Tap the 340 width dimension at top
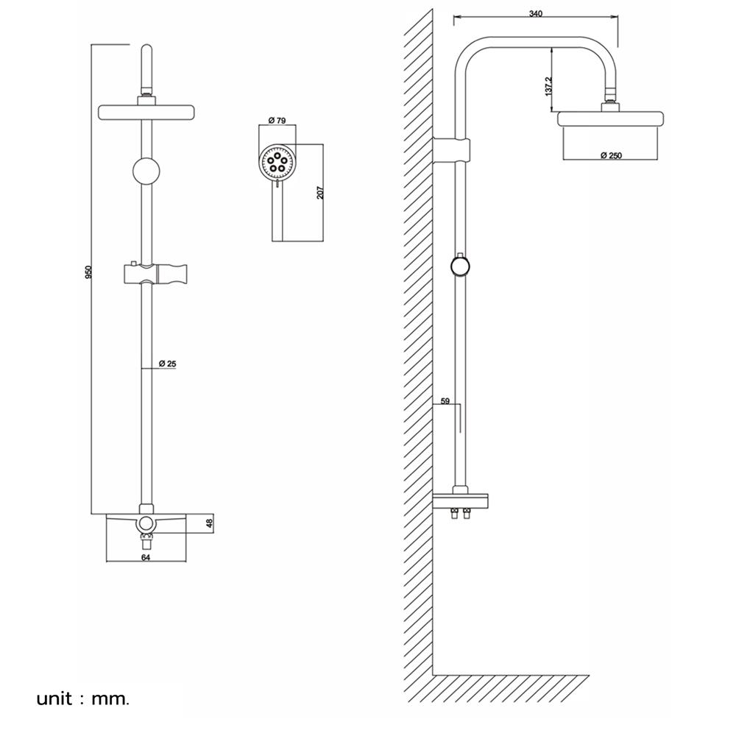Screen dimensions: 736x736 [536, 14]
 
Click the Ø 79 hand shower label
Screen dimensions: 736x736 [277, 119]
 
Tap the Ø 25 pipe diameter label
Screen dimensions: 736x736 [167, 364]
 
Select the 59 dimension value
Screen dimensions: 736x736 [445, 402]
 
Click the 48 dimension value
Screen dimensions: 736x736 [208, 524]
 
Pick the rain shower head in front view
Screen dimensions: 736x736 [146, 112]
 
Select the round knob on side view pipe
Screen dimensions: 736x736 [461, 266]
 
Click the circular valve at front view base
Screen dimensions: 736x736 [147, 523]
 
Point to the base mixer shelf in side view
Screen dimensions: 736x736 [461, 501]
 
